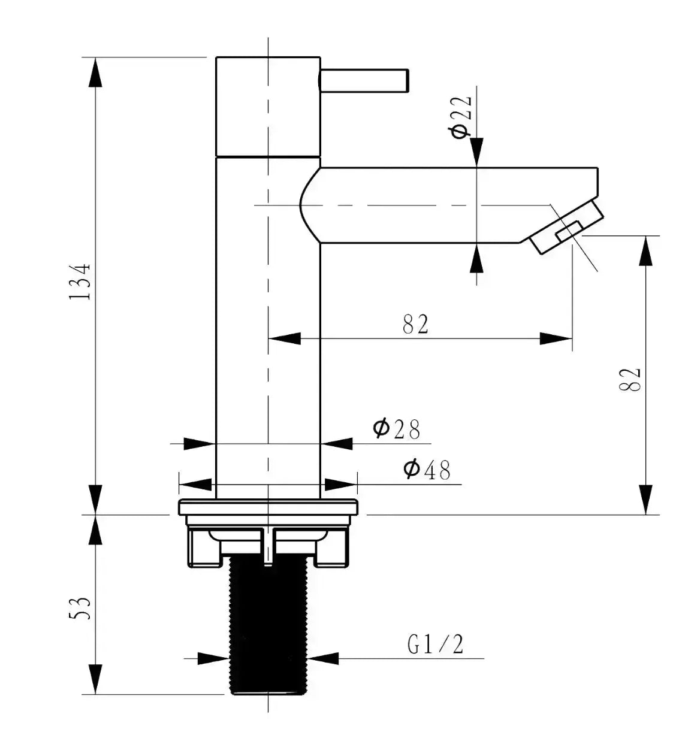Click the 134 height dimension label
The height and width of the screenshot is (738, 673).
coord(80,282)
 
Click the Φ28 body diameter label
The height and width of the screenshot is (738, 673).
coord(397,429)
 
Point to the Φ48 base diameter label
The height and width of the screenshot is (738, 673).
coord(427,470)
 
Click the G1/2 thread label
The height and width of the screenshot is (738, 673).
coord(436,645)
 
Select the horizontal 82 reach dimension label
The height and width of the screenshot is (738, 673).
coord(416,325)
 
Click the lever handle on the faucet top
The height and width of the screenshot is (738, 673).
coord(364,80)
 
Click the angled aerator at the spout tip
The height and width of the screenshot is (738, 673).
coord(567,228)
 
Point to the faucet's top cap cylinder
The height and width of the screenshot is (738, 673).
coord(268,107)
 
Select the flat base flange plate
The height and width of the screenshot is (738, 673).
coord(268,507)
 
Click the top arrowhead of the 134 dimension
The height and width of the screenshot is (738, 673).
coord(95,72)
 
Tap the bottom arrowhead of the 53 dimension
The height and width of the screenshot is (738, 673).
coord(95,680)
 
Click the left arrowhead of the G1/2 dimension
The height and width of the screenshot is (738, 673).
coord(214,658)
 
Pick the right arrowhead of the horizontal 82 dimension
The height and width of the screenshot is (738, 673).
coord(556,339)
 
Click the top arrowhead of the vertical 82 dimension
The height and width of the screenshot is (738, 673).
coord(645,250)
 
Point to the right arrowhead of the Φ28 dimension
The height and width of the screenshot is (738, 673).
coord(337,444)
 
